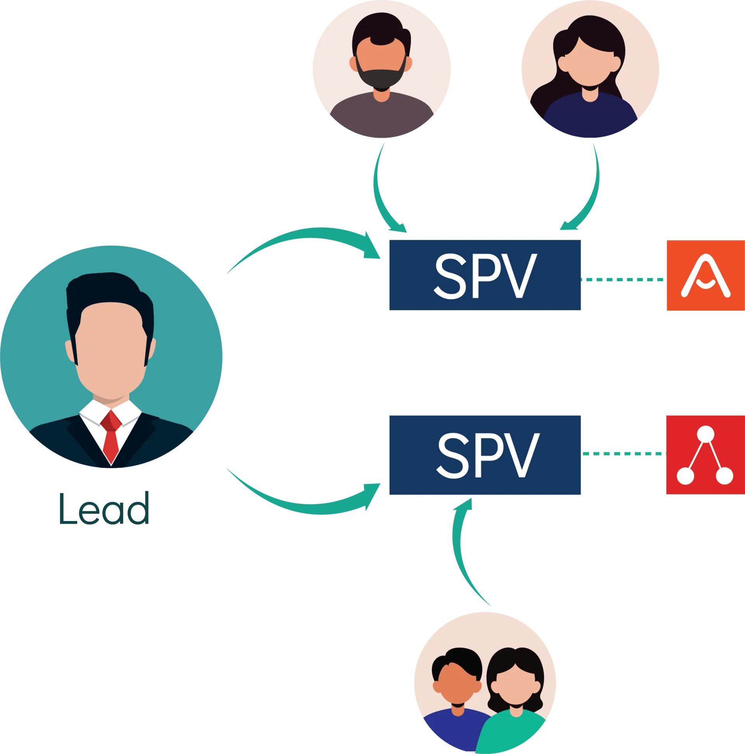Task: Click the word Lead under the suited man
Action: tap(104, 509)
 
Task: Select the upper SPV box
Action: tap(485, 275)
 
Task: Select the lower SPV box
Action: tap(485, 455)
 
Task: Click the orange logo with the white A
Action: tap(705, 276)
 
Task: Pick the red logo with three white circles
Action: tap(705, 455)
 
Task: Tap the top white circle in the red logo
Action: tap(705, 433)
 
